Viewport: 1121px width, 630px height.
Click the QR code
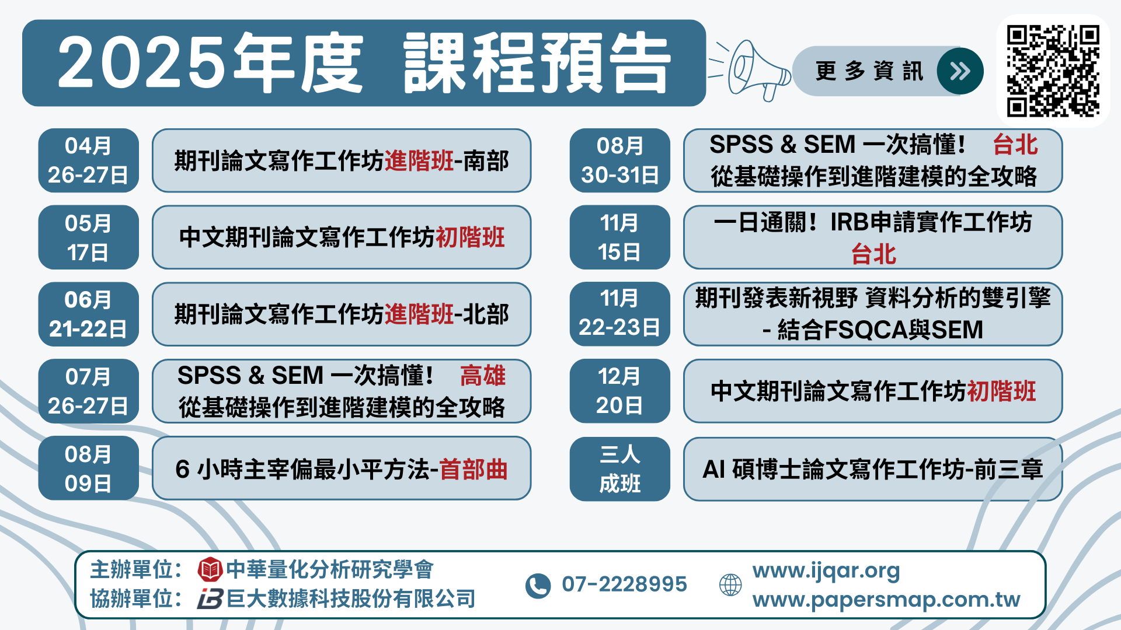coord(1053,71)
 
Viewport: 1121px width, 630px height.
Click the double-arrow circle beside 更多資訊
coord(960,71)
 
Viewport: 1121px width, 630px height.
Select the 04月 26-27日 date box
coord(88,160)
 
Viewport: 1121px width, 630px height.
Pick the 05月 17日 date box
coord(88,237)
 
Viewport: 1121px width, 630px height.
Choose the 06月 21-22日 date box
coord(88,314)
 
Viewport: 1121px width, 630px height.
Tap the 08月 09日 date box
coord(88,468)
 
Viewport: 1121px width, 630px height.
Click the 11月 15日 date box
coord(619,237)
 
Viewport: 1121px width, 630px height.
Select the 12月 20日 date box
coord(619,391)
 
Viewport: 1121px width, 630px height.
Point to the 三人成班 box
coord(619,469)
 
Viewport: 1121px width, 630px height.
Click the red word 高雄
coord(483,376)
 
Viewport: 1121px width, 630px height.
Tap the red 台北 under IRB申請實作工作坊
coord(873,254)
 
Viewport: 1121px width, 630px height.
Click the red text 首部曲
coord(474,470)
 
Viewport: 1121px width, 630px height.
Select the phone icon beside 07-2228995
coord(538,586)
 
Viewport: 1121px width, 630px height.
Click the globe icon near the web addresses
coord(730,584)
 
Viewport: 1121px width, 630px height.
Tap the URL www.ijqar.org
coord(826,571)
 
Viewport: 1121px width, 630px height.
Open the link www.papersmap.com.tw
coord(886,600)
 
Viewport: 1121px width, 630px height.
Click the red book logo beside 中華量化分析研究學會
coord(210,569)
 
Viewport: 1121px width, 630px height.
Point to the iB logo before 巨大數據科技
coord(210,599)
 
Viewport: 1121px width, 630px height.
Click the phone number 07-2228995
coord(624,584)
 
